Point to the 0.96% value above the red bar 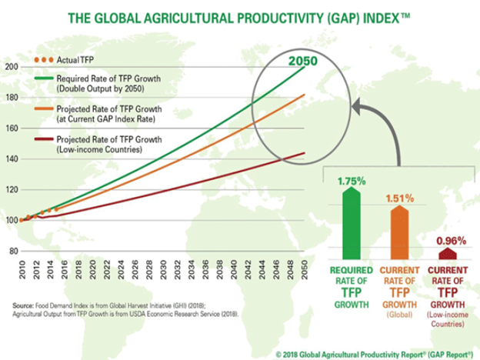point(447,239)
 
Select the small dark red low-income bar point(446,253)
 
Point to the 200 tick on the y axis point(11,67)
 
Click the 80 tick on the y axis point(11,251)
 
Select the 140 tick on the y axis point(11,158)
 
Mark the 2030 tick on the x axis point(164,272)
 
